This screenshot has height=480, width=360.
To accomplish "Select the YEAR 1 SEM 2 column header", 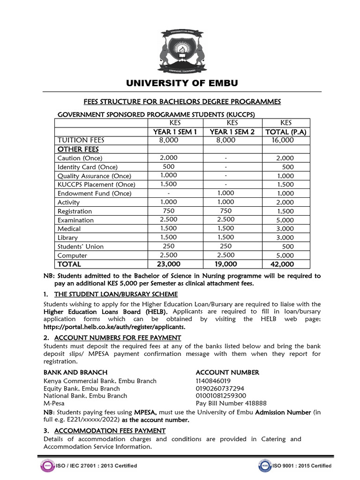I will (x=232, y=132).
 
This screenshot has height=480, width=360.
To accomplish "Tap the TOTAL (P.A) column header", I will (x=285, y=132).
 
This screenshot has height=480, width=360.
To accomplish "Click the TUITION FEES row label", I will (x=81, y=140).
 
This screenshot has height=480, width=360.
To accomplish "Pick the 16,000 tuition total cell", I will (x=282, y=140).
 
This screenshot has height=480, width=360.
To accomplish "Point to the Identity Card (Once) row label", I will (x=87, y=167).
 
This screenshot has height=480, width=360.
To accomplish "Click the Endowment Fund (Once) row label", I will (x=94, y=194).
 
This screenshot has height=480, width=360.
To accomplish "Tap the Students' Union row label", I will (x=81, y=247).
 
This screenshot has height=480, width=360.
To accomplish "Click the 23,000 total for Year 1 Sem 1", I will (x=167, y=264).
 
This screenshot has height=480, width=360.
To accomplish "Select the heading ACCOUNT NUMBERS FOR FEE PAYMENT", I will (x=117, y=337).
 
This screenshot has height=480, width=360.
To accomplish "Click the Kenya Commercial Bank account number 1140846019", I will (x=213, y=381).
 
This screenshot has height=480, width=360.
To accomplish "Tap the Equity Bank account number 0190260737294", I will (x=219, y=388).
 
